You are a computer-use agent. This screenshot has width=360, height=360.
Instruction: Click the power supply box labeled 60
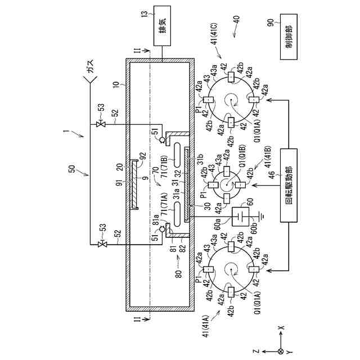[243, 216]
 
